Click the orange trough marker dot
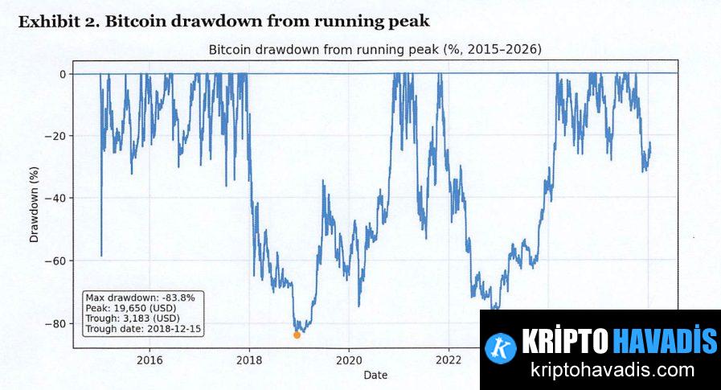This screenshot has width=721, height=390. click(297, 335)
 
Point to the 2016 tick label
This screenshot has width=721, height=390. click(150, 359)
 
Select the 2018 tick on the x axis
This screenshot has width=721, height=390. click(249, 359)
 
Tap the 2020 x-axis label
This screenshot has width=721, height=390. click(349, 359)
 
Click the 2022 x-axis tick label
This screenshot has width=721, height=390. click(449, 359)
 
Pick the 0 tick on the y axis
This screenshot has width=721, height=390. click(62, 74)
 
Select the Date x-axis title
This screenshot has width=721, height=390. click(375, 375)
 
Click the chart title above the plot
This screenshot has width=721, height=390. click(375, 50)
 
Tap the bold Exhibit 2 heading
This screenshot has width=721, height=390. click(223, 21)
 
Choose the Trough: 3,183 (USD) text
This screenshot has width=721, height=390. click(133, 318)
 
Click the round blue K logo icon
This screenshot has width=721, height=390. click(502, 347)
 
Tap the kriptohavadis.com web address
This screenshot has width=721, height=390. click(612, 371)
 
